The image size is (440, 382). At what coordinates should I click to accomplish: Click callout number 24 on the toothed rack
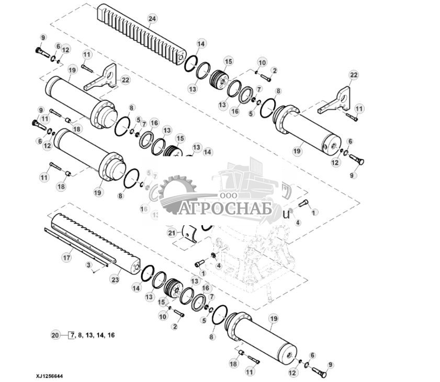[152, 19]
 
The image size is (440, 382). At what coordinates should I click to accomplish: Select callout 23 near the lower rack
[115, 280]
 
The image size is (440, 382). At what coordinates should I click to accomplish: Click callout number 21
[172, 232]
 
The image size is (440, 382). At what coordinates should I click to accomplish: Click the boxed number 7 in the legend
[72, 335]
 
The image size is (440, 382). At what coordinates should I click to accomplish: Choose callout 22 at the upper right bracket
[354, 75]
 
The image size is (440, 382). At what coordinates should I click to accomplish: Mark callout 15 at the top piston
[228, 61]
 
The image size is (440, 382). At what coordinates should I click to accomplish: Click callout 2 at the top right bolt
[274, 70]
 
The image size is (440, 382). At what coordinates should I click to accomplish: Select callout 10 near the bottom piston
[163, 317]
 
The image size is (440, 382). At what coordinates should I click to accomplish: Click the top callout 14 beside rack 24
[201, 43]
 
